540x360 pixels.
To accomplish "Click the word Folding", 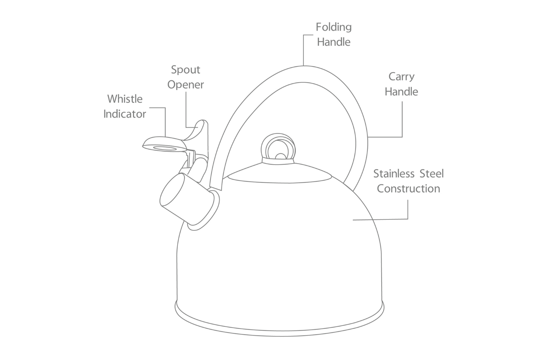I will pos(334,27).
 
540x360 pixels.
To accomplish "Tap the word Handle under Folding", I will pos(334,42).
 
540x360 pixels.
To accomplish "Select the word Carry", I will pos(401,77).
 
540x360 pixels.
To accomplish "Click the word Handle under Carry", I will pos(401,92).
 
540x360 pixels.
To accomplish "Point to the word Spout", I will pos(185,70).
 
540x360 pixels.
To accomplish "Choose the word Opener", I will pos(185,85).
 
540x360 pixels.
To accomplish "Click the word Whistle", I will pos(125,99).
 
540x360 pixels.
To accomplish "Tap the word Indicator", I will pos(125,114).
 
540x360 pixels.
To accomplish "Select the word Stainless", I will pos(394,173).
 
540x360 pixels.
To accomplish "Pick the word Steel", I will pos(432,173).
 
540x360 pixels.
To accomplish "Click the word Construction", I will pos(408,189).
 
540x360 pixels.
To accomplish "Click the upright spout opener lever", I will pos(202,132).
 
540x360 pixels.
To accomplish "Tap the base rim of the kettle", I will pos(279,329).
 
